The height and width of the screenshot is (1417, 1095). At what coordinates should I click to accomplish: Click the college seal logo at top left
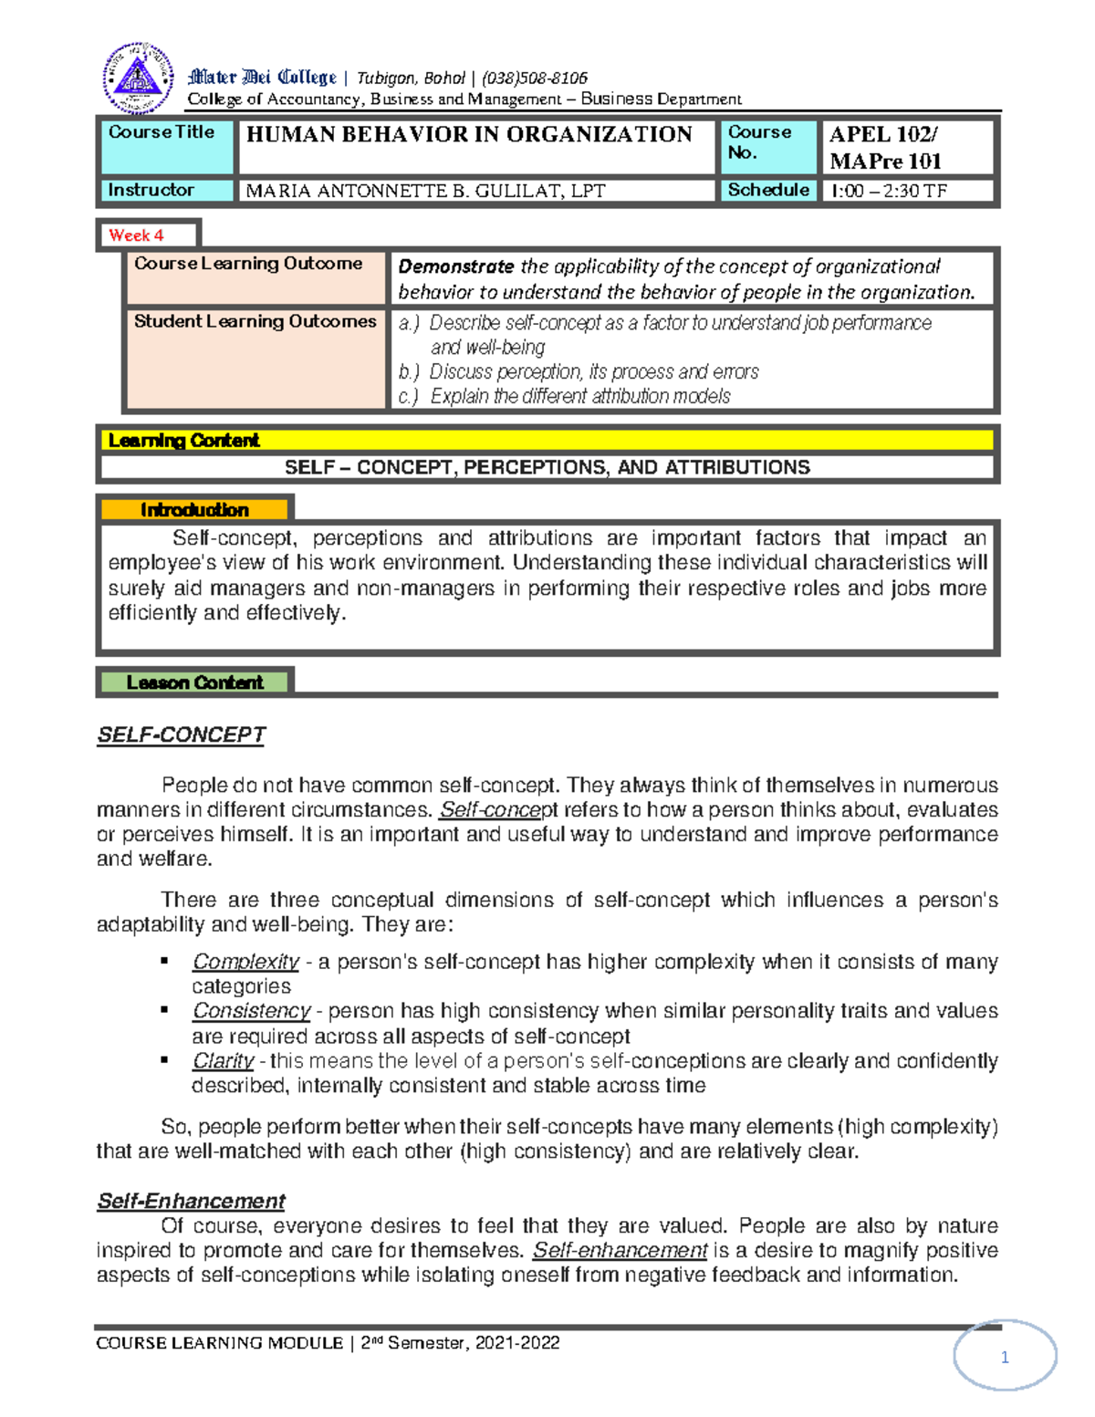[x=138, y=78]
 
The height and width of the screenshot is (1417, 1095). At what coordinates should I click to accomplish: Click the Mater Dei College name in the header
[x=262, y=78]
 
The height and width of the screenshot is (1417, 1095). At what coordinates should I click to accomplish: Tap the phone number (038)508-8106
[x=534, y=78]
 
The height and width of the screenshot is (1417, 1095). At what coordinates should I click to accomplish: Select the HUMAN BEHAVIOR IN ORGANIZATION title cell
[x=469, y=135]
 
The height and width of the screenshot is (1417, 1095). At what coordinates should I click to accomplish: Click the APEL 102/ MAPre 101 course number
[x=884, y=148]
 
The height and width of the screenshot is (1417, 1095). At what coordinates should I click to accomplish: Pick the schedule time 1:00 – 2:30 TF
[x=888, y=192]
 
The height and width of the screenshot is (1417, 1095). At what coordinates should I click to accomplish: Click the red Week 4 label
[x=136, y=235]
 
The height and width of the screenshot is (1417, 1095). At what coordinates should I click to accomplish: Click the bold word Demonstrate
[x=455, y=267]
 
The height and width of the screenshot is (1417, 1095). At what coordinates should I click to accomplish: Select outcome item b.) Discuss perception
[x=579, y=372]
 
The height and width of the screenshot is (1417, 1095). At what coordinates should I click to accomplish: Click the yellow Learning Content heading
[x=183, y=441]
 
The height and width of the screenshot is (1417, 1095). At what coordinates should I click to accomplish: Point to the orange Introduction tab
[x=194, y=510]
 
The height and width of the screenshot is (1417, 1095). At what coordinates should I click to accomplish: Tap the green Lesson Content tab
[x=194, y=682]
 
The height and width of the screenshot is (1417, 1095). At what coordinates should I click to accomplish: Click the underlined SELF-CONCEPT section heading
[x=181, y=735]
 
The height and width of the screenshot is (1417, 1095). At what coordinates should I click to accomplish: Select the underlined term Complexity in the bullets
[x=245, y=962]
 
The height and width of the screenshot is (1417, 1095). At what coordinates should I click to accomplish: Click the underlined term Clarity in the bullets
[x=223, y=1061]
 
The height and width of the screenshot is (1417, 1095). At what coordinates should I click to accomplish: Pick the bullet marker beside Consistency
[x=164, y=1010]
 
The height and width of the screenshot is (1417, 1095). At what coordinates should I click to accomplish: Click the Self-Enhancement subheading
[x=191, y=1202]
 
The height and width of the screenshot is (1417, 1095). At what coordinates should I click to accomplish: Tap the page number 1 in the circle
[x=1005, y=1358]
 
